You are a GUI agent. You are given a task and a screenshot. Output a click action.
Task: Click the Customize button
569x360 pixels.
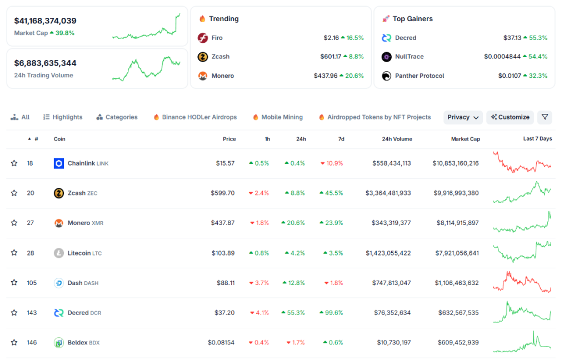pyautogui.click(x=510, y=117)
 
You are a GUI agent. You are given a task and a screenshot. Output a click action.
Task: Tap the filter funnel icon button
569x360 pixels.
pyautogui.click(x=545, y=117)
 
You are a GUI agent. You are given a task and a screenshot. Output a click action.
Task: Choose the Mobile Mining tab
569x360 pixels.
pyautogui.click(x=278, y=117)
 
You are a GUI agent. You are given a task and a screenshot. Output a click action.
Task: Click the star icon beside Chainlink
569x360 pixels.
pyautogui.click(x=14, y=163)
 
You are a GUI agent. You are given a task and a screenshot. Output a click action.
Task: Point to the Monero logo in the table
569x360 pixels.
pyautogui.click(x=59, y=223)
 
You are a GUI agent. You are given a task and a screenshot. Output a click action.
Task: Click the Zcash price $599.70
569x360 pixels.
pyautogui.click(x=223, y=193)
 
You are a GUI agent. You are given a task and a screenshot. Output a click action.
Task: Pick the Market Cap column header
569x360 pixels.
pyautogui.click(x=466, y=139)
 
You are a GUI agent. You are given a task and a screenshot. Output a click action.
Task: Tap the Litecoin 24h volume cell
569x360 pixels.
pyautogui.click(x=388, y=253)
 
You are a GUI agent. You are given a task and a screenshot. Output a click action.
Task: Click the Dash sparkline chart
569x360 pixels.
pyautogui.click(x=522, y=282)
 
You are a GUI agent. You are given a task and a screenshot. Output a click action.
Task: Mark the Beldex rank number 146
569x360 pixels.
pyautogui.click(x=32, y=343)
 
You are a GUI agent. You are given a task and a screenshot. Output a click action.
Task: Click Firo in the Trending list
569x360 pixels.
pyautogui.click(x=217, y=38)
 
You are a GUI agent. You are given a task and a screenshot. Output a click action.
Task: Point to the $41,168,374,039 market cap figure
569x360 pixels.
pyautogui.click(x=46, y=21)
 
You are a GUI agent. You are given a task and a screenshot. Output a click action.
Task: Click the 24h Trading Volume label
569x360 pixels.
pyautogui.click(x=43, y=75)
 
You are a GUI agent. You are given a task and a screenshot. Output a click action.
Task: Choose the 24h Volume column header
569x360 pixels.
pyautogui.click(x=397, y=139)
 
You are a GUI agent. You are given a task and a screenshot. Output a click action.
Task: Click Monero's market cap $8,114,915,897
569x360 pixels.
pyautogui.click(x=455, y=223)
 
